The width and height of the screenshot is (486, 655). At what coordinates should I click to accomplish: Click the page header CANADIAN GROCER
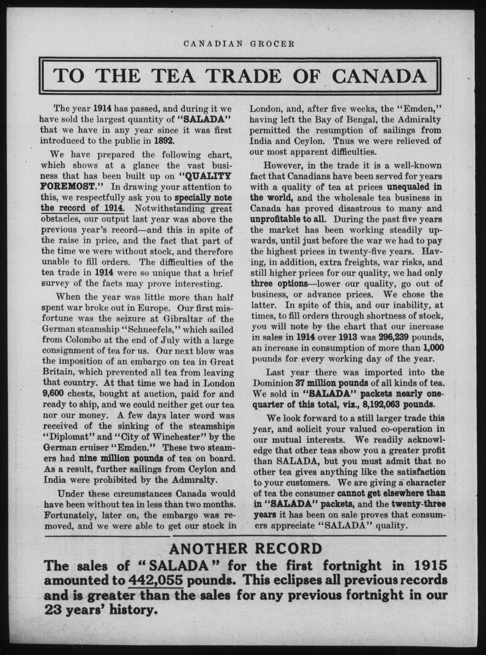(239, 44)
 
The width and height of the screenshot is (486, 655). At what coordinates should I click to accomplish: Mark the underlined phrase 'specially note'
(203, 198)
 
